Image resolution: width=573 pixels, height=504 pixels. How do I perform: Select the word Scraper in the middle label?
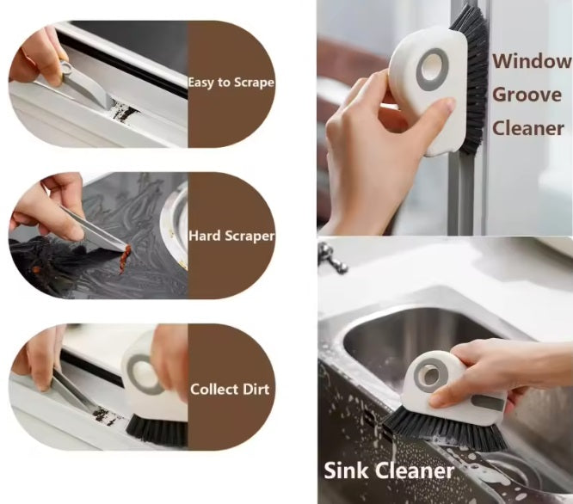pos(250,237)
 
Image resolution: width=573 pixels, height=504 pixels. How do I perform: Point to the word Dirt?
pos(256,389)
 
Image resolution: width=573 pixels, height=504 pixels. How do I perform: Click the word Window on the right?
pos(532,61)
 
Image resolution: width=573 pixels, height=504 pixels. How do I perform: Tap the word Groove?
pos(527,95)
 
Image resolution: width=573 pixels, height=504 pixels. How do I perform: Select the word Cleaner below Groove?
pos(528,128)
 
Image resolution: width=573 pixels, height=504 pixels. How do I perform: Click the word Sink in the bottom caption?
pos(346,470)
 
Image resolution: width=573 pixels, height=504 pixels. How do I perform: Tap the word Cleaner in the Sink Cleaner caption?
pos(415,470)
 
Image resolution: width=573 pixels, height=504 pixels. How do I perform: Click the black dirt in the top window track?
pos(122,112)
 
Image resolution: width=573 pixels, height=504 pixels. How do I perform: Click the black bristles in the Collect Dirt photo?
pos(157,432)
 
